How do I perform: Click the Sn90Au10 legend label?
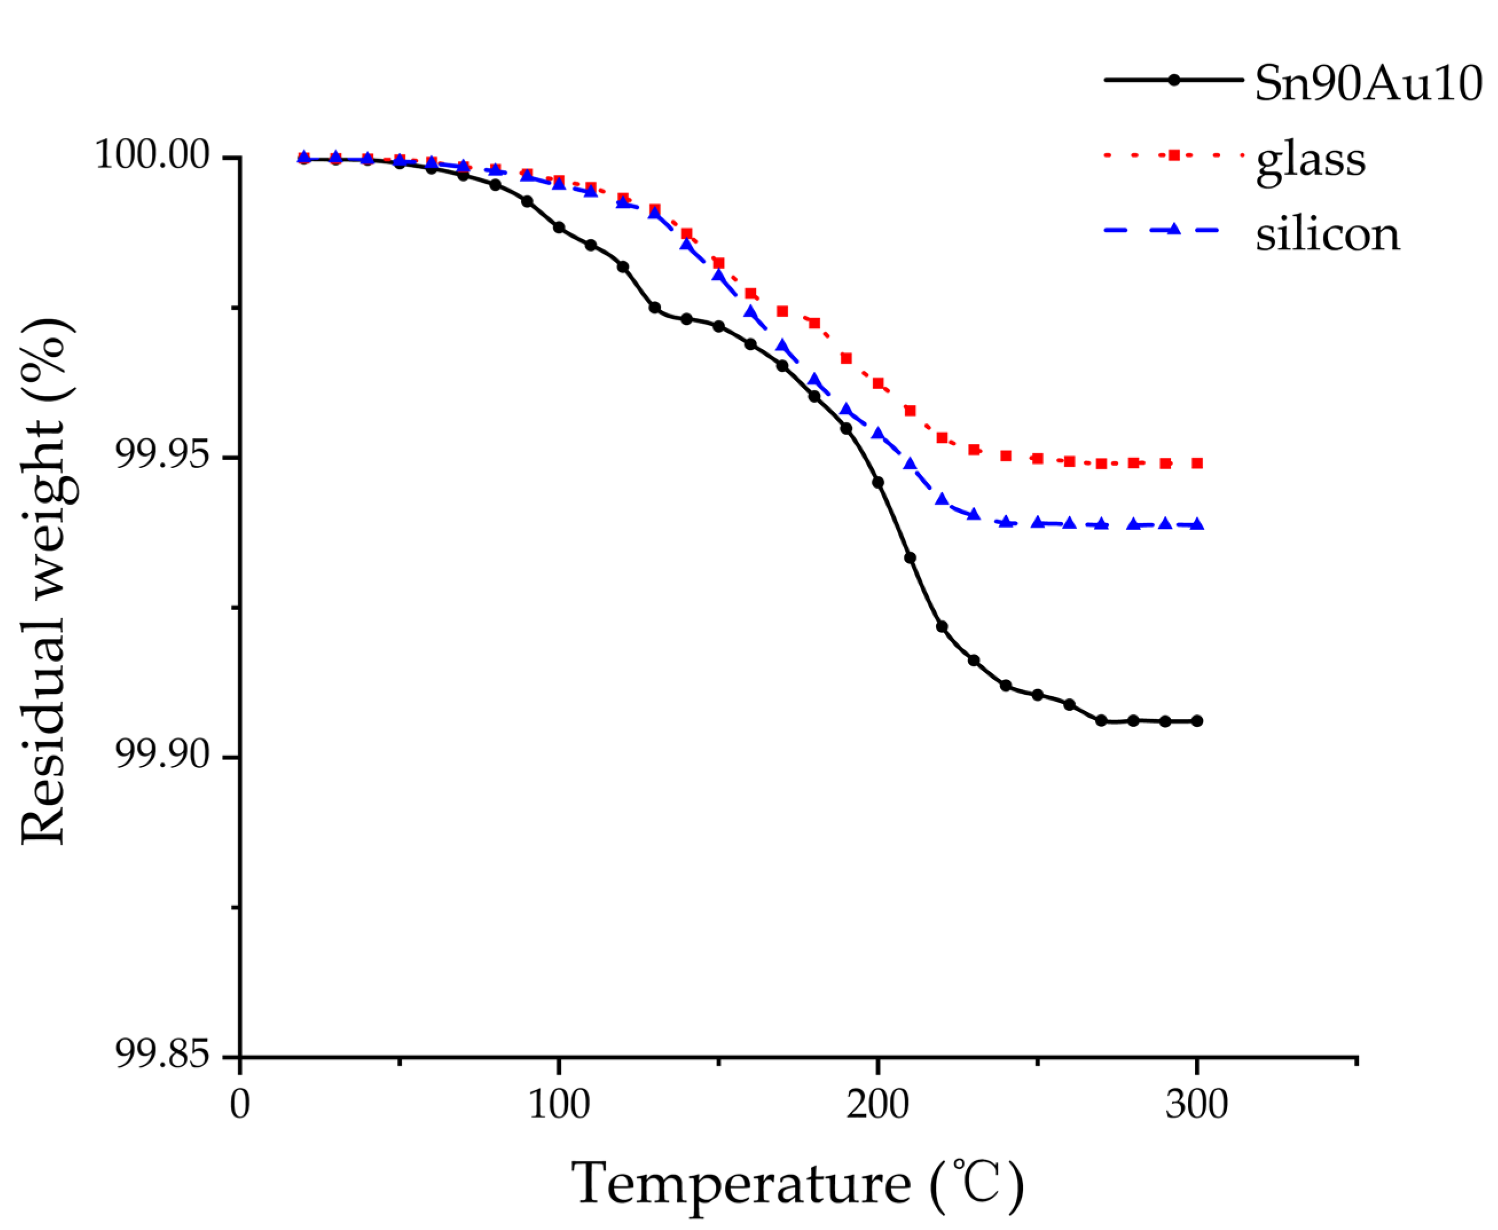[x=1367, y=84]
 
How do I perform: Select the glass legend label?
[x=1310, y=161]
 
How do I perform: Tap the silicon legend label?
[x=1327, y=234]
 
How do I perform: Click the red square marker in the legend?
[x=1174, y=155]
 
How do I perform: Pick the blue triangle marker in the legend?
[x=1174, y=229]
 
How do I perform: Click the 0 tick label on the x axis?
[x=240, y=1105]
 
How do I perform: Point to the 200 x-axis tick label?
[x=877, y=1105]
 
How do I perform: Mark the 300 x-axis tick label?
[x=1196, y=1105]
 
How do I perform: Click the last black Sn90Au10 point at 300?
[x=1197, y=721]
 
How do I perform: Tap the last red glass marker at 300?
[x=1197, y=463]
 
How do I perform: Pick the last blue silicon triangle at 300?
[x=1197, y=524]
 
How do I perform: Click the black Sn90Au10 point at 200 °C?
[x=878, y=482]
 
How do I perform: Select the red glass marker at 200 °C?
[x=878, y=383]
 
